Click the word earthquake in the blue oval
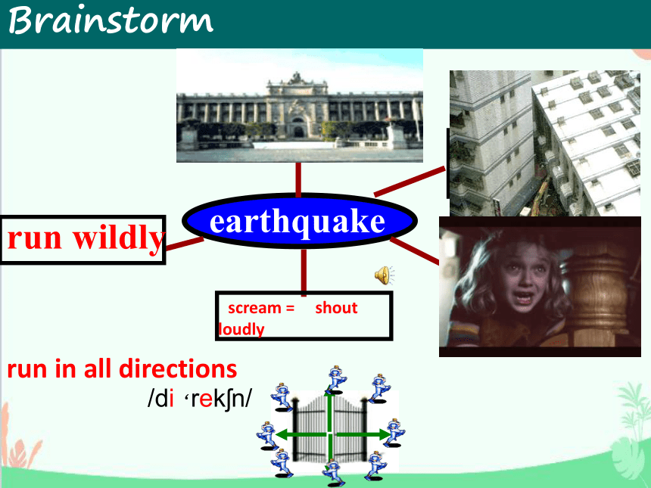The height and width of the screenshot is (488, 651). click(x=297, y=222)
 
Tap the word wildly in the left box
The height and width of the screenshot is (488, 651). click(x=119, y=238)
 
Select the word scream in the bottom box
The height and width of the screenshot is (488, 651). click(x=254, y=308)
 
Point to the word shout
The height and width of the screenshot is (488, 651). click(x=336, y=308)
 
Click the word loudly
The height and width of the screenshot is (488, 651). click(x=241, y=329)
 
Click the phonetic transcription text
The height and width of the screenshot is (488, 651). click(x=200, y=399)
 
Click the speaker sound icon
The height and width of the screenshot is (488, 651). click(x=384, y=275)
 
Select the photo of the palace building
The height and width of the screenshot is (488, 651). click(x=300, y=105)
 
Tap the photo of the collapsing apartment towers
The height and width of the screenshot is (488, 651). click(x=545, y=143)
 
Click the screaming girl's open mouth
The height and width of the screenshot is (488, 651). click(x=524, y=298)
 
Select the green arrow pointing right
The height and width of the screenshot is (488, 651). click(x=363, y=435)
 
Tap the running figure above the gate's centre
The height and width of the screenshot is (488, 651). click(x=336, y=379)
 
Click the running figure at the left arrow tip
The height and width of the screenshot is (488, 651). click(x=267, y=435)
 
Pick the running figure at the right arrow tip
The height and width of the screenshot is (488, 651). click(x=396, y=433)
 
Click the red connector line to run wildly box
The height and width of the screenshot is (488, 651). click(x=185, y=244)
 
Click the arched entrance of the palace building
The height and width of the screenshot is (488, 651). click(x=298, y=128)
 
